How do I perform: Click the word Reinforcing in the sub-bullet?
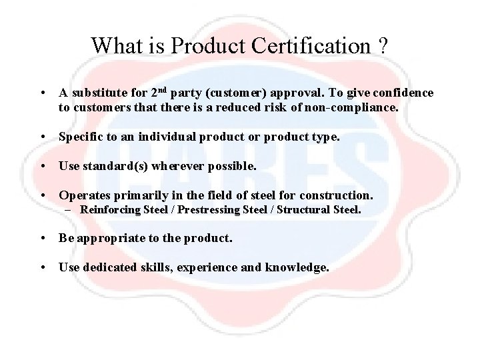110,210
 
